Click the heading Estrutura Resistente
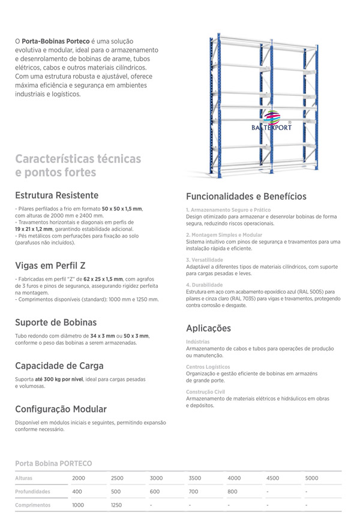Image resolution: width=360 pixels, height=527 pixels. pyautogui.click(x=57, y=195)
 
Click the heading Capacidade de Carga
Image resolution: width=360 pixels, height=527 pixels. pyautogui.click(x=59, y=366)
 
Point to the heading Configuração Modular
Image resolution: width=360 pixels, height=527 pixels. pyautogui.click(x=61, y=409)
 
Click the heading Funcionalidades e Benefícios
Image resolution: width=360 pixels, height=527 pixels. pyautogui.click(x=246, y=196)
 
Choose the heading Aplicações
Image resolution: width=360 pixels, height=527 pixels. pyautogui.click(x=208, y=328)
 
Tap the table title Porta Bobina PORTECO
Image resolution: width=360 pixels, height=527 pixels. pyautogui.click(x=53, y=463)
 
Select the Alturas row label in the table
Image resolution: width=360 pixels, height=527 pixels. pyautogui.click(x=24, y=478)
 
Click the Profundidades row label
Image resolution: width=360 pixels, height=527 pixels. pyautogui.click(x=32, y=492)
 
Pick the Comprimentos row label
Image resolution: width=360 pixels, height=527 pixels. pyautogui.click(x=32, y=505)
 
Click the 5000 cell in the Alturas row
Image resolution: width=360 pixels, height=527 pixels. pyautogui.click(x=311, y=478)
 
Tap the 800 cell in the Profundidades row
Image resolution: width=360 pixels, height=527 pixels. pyautogui.click(x=233, y=492)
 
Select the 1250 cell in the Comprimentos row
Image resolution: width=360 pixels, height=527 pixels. pyautogui.click(x=116, y=505)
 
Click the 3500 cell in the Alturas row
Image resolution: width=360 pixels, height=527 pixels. pyautogui.click(x=194, y=478)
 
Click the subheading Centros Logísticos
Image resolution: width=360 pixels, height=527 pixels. pyautogui.click(x=208, y=366)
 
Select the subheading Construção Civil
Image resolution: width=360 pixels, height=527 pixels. pyautogui.click(x=205, y=392)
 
